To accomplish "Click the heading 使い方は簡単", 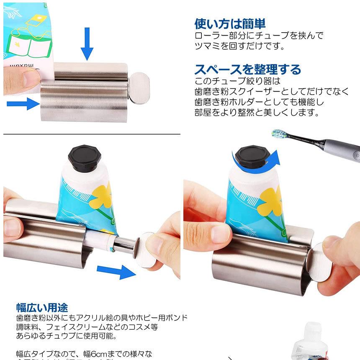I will point(230,24).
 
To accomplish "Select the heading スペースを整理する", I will point(248,69).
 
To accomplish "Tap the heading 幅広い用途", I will point(42,307).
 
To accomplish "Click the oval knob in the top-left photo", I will point(141,87).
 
